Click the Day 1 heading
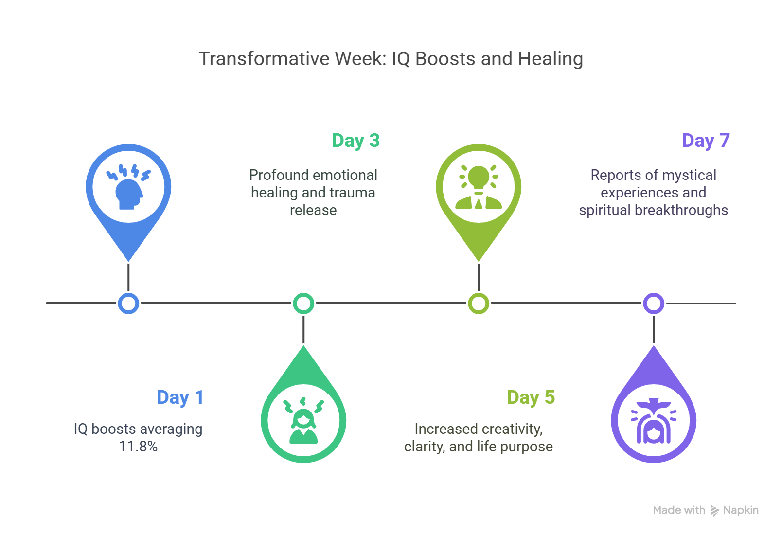[x=179, y=397]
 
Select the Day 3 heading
[x=355, y=141]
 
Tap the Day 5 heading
[x=531, y=397]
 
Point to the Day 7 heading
[x=706, y=141]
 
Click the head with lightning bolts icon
[x=128, y=187]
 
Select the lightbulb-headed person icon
[x=479, y=187]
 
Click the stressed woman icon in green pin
[x=303, y=421]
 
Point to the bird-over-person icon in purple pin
[x=654, y=421]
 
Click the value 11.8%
[x=138, y=447]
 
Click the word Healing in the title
[x=550, y=59]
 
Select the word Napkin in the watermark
[x=741, y=510]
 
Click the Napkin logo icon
[x=714, y=510]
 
